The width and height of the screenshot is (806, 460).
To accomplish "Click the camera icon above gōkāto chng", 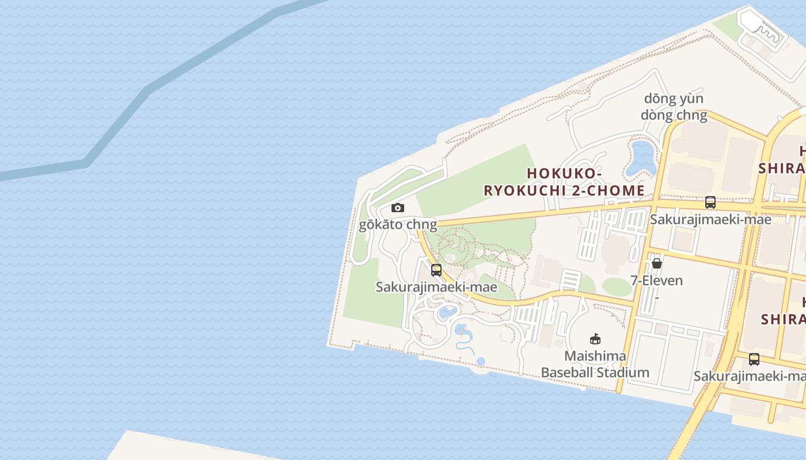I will [397, 208].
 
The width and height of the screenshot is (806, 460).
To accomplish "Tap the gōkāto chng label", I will [398, 224].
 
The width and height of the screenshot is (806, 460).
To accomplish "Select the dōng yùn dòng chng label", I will [674, 107].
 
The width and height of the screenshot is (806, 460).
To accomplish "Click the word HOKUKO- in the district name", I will [564, 173].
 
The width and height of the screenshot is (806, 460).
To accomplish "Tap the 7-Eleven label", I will [656, 281].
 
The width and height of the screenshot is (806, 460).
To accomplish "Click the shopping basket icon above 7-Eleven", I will [656, 264].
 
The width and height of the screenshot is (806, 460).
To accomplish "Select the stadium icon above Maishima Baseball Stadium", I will [595, 339].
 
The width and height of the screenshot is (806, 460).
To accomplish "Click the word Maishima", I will [595, 356].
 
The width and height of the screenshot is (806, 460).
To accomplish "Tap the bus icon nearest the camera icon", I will [436, 270].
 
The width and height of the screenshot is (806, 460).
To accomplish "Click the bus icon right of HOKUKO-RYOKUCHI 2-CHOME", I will [710, 202].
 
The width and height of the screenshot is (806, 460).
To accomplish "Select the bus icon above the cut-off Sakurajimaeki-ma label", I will [754, 359].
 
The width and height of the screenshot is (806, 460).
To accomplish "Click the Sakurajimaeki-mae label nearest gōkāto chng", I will [436, 287].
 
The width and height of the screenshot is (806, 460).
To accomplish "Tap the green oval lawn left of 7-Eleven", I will [617, 286].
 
